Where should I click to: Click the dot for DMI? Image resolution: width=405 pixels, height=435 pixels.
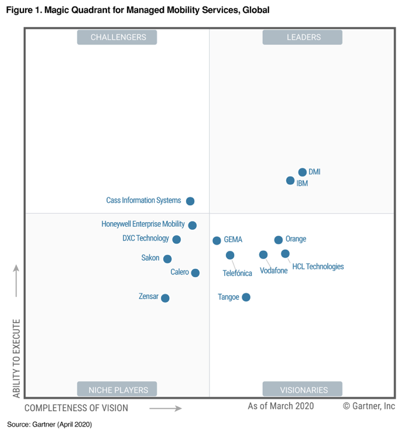tap(302, 172)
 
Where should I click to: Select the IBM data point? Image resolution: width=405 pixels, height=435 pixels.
tap(290, 181)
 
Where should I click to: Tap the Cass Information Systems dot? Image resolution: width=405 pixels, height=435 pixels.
tap(190, 201)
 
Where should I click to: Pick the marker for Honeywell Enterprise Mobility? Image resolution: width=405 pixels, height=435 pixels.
tap(193, 225)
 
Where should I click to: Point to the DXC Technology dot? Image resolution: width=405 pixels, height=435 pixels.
tap(177, 239)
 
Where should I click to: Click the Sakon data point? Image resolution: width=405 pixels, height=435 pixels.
tap(167, 259)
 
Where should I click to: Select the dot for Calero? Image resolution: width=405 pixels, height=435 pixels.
tap(195, 273)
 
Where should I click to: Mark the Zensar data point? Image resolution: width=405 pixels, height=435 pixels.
tap(165, 298)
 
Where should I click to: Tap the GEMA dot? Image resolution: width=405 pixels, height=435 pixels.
tap(217, 240)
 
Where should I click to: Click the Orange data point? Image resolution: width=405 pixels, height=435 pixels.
tap(279, 240)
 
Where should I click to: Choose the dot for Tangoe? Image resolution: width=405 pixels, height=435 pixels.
tap(246, 297)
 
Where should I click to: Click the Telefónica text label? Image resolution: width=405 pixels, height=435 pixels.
tap(237, 273)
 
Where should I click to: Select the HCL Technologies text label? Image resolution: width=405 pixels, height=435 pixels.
tap(318, 267)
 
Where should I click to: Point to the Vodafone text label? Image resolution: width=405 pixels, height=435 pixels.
tap(273, 271)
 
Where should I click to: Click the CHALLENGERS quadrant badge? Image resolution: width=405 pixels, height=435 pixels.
tap(118, 37)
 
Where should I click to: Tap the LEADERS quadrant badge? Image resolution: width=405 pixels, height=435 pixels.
tap(303, 37)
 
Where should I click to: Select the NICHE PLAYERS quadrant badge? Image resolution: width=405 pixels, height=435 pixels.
tap(118, 389)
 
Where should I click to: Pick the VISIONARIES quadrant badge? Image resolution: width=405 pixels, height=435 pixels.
tap(303, 389)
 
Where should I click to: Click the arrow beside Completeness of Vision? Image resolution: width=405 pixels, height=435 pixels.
tap(166, 408)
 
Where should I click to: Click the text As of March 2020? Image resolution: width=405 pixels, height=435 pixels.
tap(280, 406)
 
